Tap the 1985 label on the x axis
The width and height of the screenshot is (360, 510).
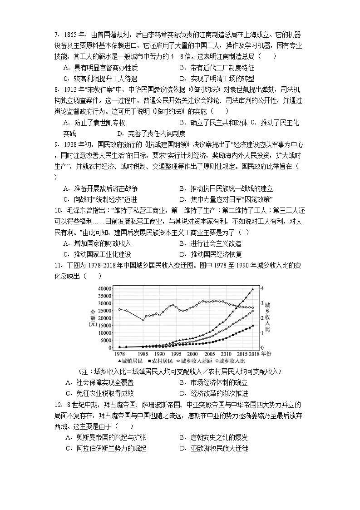tap(143, 353)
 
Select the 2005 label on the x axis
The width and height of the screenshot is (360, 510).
tap(209, 353)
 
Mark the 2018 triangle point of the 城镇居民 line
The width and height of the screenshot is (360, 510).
tap(253, 289)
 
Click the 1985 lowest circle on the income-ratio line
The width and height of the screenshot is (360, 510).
tap(143, 320)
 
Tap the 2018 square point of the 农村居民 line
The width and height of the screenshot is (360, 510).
tap(253, 326)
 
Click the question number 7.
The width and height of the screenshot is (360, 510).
tap(57, 34)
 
